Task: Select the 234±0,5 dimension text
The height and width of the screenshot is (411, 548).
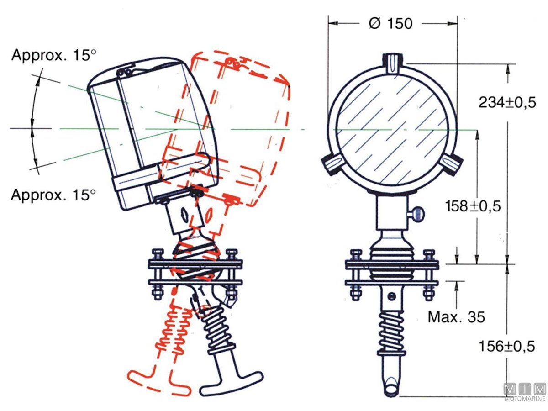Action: click(x=507, y=102)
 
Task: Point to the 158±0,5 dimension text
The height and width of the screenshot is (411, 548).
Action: click(x=473, y=206)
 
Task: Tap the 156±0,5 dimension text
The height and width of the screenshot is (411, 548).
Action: click(x=507, y=347)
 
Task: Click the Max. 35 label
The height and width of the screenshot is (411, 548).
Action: click(x=456, y=316)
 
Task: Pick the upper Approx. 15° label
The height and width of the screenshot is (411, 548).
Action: click(x=54, y=55)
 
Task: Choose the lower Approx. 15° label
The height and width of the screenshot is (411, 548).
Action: click(x=54, y=195)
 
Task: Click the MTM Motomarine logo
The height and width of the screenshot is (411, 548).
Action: click(x=525, y=392)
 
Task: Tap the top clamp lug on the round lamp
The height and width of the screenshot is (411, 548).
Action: click(x=392, y=63)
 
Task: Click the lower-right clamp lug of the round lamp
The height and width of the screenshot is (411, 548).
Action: click(x=453, y=163)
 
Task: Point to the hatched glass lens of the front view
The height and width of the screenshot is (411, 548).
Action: click(x=392, y=130)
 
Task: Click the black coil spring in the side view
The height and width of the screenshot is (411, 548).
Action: click(x=217, y=329)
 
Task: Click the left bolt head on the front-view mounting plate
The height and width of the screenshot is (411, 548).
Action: click(x=355, y=253)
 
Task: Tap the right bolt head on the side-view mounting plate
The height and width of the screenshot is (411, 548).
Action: click(x=232, y=253)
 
